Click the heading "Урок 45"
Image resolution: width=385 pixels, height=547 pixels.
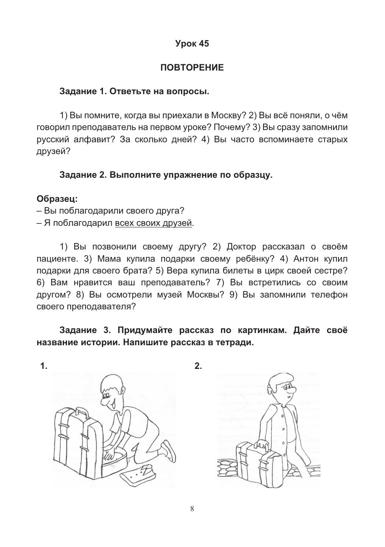(x=192, y=44)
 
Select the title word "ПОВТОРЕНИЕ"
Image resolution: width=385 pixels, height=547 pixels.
(x=192, y=68)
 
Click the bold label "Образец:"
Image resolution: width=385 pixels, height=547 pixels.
(x=57, y=199)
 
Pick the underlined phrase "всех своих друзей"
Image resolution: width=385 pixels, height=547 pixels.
(x=153, y=223)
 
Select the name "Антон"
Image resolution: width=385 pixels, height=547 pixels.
(x=308, y=259)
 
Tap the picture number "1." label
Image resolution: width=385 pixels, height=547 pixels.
(x=44, y=366)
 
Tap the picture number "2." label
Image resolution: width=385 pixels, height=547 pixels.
(x=198, y=366)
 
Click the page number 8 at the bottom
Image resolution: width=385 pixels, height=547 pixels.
(x=192, y=509)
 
